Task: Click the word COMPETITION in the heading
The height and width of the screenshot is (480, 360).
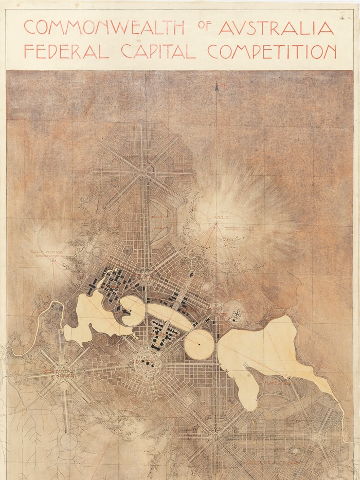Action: point(272,51)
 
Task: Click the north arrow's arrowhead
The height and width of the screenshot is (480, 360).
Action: point(217,86)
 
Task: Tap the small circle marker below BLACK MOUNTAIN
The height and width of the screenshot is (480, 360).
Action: point(52,260)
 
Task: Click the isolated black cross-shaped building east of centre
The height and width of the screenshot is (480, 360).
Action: point(236,315)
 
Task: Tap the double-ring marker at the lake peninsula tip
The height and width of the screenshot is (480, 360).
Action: point(246,364)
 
